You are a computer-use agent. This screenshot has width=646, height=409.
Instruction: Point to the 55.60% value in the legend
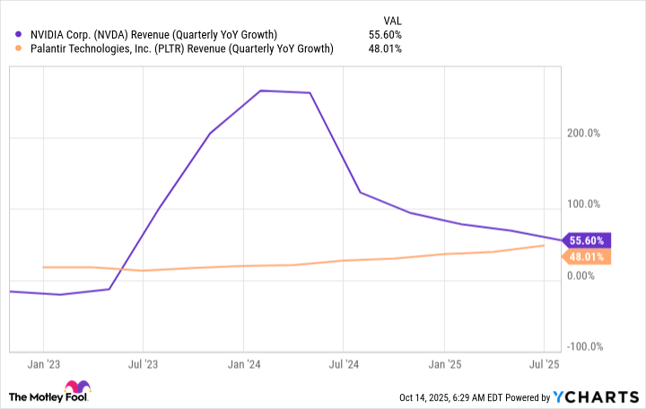tap(385, 34)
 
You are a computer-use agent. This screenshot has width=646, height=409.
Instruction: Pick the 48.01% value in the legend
tap(385, 48)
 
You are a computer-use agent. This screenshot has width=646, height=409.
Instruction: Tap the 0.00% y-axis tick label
tap(585, 275)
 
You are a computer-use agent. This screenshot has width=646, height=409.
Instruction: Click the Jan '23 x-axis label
tap(44, 365)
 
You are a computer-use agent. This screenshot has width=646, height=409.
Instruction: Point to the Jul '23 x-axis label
tap(143, 365)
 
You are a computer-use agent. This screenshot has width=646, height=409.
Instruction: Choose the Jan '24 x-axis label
tap(243, 365)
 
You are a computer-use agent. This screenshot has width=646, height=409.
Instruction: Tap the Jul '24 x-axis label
tap(343, 365)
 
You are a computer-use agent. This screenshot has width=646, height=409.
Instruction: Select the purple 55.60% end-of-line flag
tap(588, 240)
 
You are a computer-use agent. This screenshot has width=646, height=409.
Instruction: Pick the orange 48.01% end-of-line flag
tap(588, 257)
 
